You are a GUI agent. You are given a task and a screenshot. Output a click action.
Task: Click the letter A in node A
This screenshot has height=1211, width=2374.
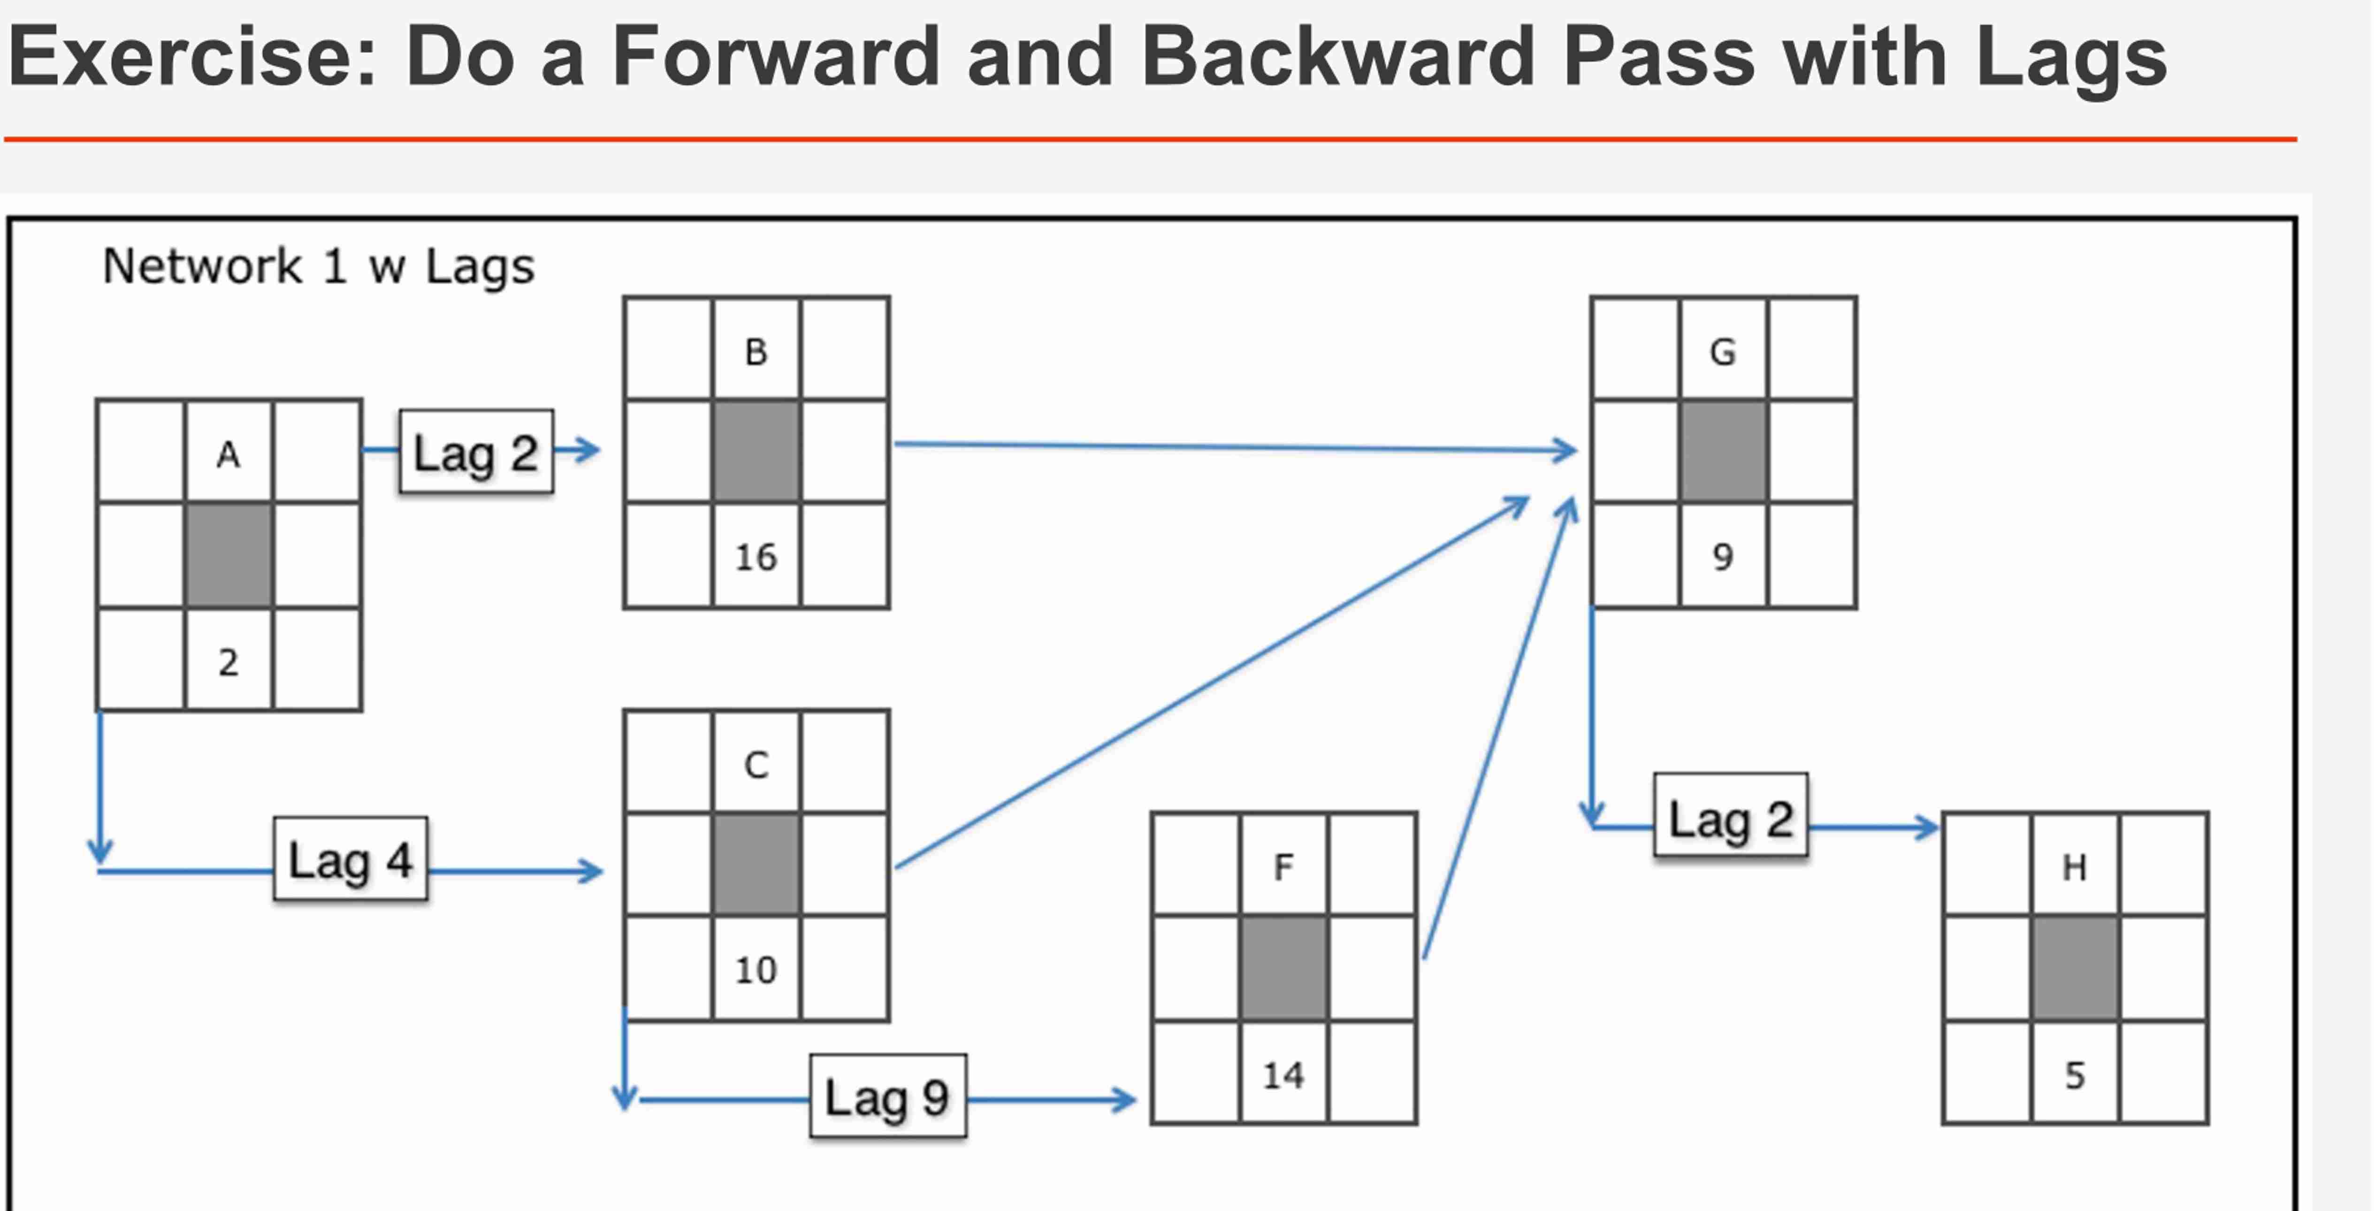pos(229,454)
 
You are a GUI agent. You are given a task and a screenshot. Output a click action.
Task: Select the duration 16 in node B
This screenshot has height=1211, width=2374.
pos(756,557)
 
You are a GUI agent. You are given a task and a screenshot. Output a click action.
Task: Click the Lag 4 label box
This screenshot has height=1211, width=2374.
pos(350,859)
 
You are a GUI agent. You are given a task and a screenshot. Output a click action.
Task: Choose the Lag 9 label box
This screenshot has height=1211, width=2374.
pos(887,1096)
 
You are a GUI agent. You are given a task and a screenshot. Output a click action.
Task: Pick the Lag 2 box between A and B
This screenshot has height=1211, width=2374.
pos(475,452)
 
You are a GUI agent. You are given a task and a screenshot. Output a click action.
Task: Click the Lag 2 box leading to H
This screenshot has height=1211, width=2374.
pos(1731,817)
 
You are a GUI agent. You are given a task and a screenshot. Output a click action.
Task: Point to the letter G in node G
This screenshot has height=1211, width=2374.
pos(1723,351)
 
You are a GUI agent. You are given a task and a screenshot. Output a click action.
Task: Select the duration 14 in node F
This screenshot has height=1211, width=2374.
pos(1283,1074)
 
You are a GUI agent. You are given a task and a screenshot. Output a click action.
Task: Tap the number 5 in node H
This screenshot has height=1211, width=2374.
pos(2075,1074)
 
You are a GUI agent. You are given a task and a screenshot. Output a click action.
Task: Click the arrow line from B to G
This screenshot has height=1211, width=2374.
pos(1235,447)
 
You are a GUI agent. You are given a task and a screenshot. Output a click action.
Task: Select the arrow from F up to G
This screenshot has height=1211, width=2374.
pos(1497,728)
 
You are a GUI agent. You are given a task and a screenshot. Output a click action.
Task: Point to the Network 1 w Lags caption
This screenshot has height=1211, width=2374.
pos(318,266)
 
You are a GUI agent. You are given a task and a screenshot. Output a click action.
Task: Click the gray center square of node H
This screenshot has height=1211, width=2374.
pos(2075,968)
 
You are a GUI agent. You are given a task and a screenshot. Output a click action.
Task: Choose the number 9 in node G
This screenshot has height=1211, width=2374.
pos(1723,557)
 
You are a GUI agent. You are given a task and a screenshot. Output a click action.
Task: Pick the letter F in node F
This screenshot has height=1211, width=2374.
pos(1283,866)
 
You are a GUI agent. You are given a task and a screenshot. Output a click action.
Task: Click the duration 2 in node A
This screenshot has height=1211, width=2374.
pos(229,662)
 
